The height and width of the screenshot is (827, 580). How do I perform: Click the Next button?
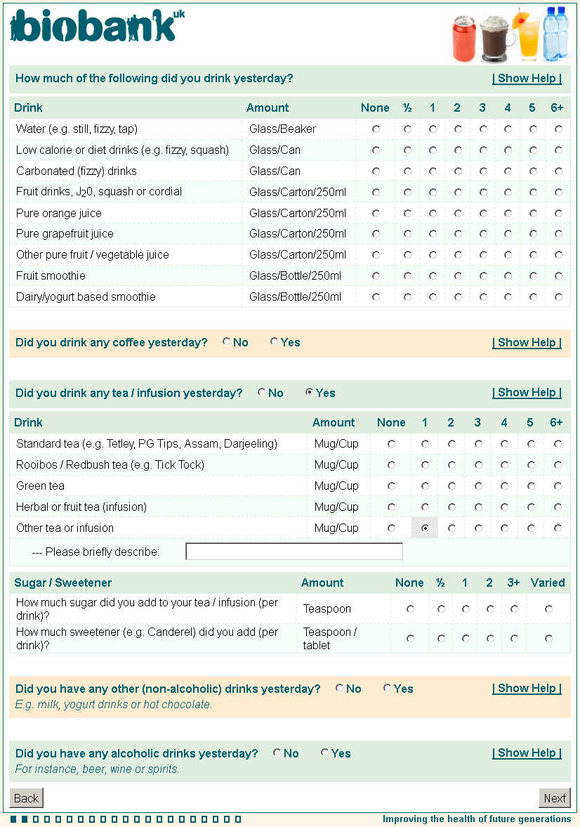tap(554, 798)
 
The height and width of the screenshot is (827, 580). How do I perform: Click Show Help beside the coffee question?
tap(527, 343)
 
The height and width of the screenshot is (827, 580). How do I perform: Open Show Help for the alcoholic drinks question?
tap(527, 753)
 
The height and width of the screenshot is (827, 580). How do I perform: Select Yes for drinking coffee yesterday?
tap(274, 342)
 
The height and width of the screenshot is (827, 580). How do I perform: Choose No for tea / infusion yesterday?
tap(262, 393)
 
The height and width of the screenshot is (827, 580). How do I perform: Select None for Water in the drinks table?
tap(376, 129)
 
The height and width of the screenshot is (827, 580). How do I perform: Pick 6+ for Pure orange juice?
tap(558, 213)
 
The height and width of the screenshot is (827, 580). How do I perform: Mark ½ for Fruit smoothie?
tap(407, 276)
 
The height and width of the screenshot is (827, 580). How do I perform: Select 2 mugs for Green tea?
tap(452, 486)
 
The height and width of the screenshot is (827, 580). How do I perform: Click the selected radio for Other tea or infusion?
tap(425, 528)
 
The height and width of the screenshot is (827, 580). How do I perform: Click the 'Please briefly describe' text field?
tap(294, 552)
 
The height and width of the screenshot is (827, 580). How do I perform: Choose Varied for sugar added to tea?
tap(548, 609)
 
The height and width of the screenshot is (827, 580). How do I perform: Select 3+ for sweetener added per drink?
tap(515, 639)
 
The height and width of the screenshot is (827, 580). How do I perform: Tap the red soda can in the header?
tap(464, 39)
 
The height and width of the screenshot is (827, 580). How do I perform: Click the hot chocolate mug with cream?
tap(496, 39)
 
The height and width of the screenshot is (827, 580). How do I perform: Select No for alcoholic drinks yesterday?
tap(277, 753)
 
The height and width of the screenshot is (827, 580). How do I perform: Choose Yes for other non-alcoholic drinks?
tap(387, 689)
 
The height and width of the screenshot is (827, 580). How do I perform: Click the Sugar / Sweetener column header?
tap(63, 582)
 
